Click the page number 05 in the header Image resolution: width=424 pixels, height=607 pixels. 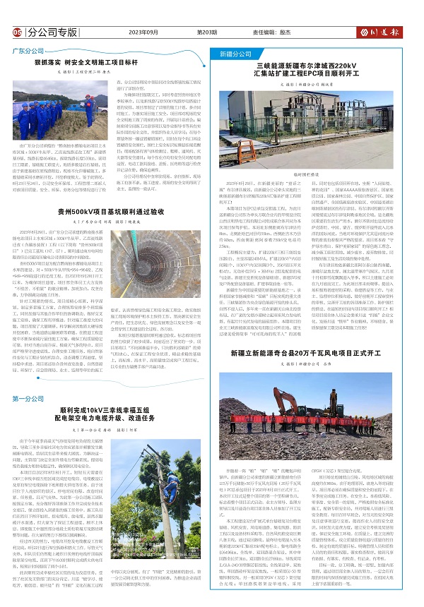17,32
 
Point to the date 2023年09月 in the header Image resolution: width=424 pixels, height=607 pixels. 146,32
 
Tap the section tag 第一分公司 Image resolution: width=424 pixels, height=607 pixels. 29,399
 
